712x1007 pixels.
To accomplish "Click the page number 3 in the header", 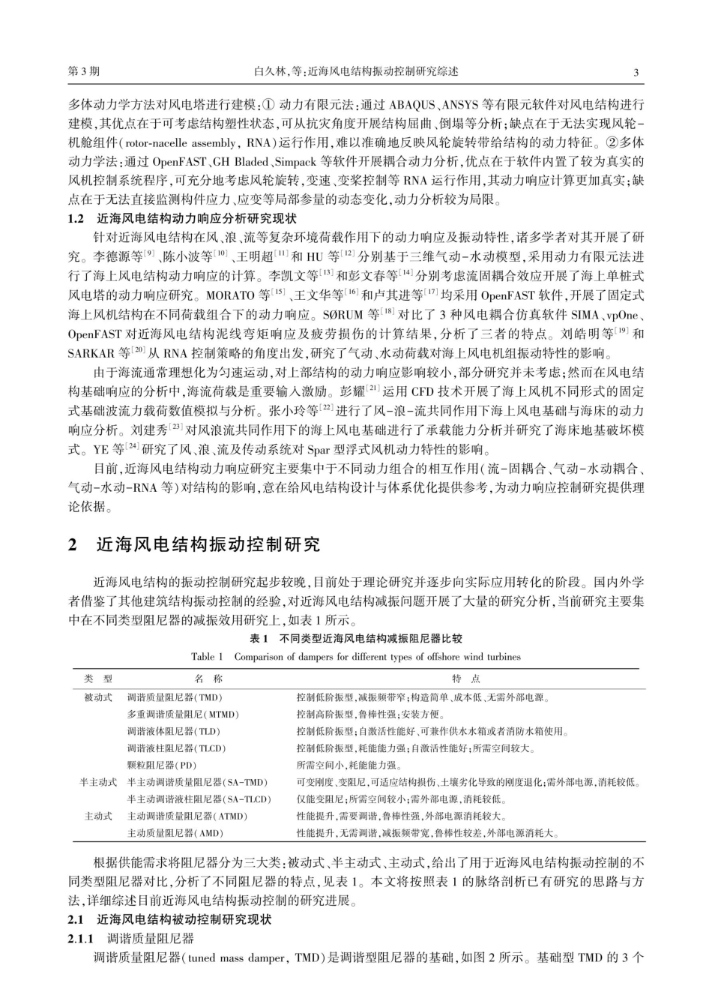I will tap(636, 72).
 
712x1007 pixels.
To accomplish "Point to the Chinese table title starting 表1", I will tap(356, 639).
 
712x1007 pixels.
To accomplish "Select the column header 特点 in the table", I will tap(466, 679).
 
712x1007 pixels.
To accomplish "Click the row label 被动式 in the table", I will tap(98, 697).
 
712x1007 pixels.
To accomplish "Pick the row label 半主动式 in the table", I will tap(98, 782).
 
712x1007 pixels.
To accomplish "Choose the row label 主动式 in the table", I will tap(98, 816).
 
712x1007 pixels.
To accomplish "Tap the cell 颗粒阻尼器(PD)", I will tap(162, 765).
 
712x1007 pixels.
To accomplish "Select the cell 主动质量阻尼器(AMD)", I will tap(175, 832).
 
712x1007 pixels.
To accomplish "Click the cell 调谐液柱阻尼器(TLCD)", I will tap(177, 748).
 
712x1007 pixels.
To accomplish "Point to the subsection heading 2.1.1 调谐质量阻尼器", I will tap(131, 938).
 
